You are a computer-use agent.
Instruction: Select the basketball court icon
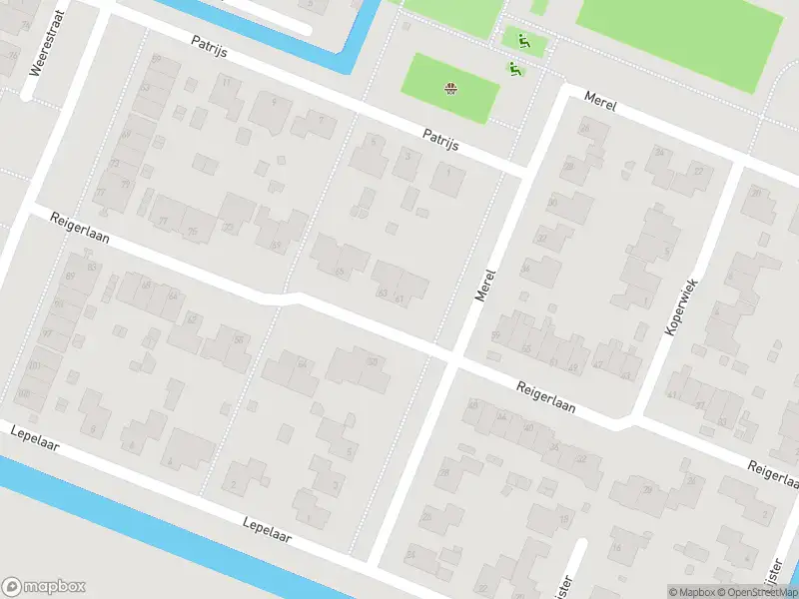(x=450, y=90)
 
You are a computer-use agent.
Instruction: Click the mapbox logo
(x=44, y=587)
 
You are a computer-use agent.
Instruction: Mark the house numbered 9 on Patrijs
(x=273, y=101)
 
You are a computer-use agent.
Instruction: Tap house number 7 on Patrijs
(x=321, y=119)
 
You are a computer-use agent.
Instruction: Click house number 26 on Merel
(x=583, y=129)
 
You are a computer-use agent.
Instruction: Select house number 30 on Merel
(x=552, y=204)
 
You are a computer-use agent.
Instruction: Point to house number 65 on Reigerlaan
(x=341, y=271)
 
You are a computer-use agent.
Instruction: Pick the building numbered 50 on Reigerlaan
(x=373, y=360)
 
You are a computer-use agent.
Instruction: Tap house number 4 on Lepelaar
(x=170, y=461)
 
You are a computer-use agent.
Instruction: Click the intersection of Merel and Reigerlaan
(x=452, y=357)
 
